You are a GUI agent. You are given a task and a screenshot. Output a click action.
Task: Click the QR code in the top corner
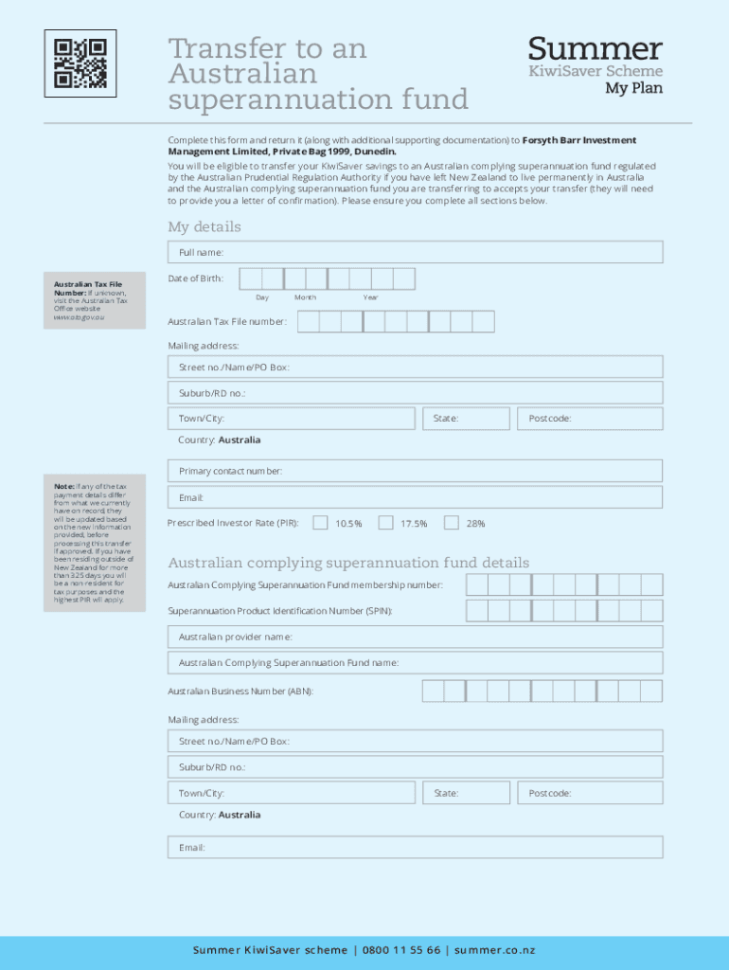[x=80, y=63]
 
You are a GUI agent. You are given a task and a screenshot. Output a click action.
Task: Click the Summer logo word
[x=595, y=48]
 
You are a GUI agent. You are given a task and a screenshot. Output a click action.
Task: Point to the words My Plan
[x=633, y=88]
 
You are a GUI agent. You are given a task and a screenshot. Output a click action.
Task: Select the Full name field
[x=415, y=252]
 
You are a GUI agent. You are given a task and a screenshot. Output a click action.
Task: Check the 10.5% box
[x=321, y=523]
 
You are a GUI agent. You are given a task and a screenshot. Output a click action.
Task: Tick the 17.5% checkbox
[x=385, y=523]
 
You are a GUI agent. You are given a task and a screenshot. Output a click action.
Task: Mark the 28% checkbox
[x=452, y=523]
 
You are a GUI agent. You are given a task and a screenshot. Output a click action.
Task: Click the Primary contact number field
[x=415, y=471]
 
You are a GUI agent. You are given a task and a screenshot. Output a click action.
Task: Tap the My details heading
[x=204, y=226]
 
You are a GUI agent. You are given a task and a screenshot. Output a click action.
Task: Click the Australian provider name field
[x=415, y=637]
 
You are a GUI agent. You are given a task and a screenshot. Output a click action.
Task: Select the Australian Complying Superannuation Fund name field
[x=415, y=663]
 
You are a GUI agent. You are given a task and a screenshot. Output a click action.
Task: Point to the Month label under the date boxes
[x=305, y=297]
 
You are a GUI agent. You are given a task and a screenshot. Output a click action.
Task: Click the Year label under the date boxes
[x=370, y=297]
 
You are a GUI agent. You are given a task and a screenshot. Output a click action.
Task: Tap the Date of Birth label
[x=196, y=278]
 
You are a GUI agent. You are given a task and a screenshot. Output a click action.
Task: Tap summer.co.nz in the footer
[x=494, y=950]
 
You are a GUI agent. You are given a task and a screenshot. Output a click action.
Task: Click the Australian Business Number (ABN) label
[x=240, y=692]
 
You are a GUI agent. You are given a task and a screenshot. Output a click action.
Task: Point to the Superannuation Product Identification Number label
[x=279, y=611]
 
